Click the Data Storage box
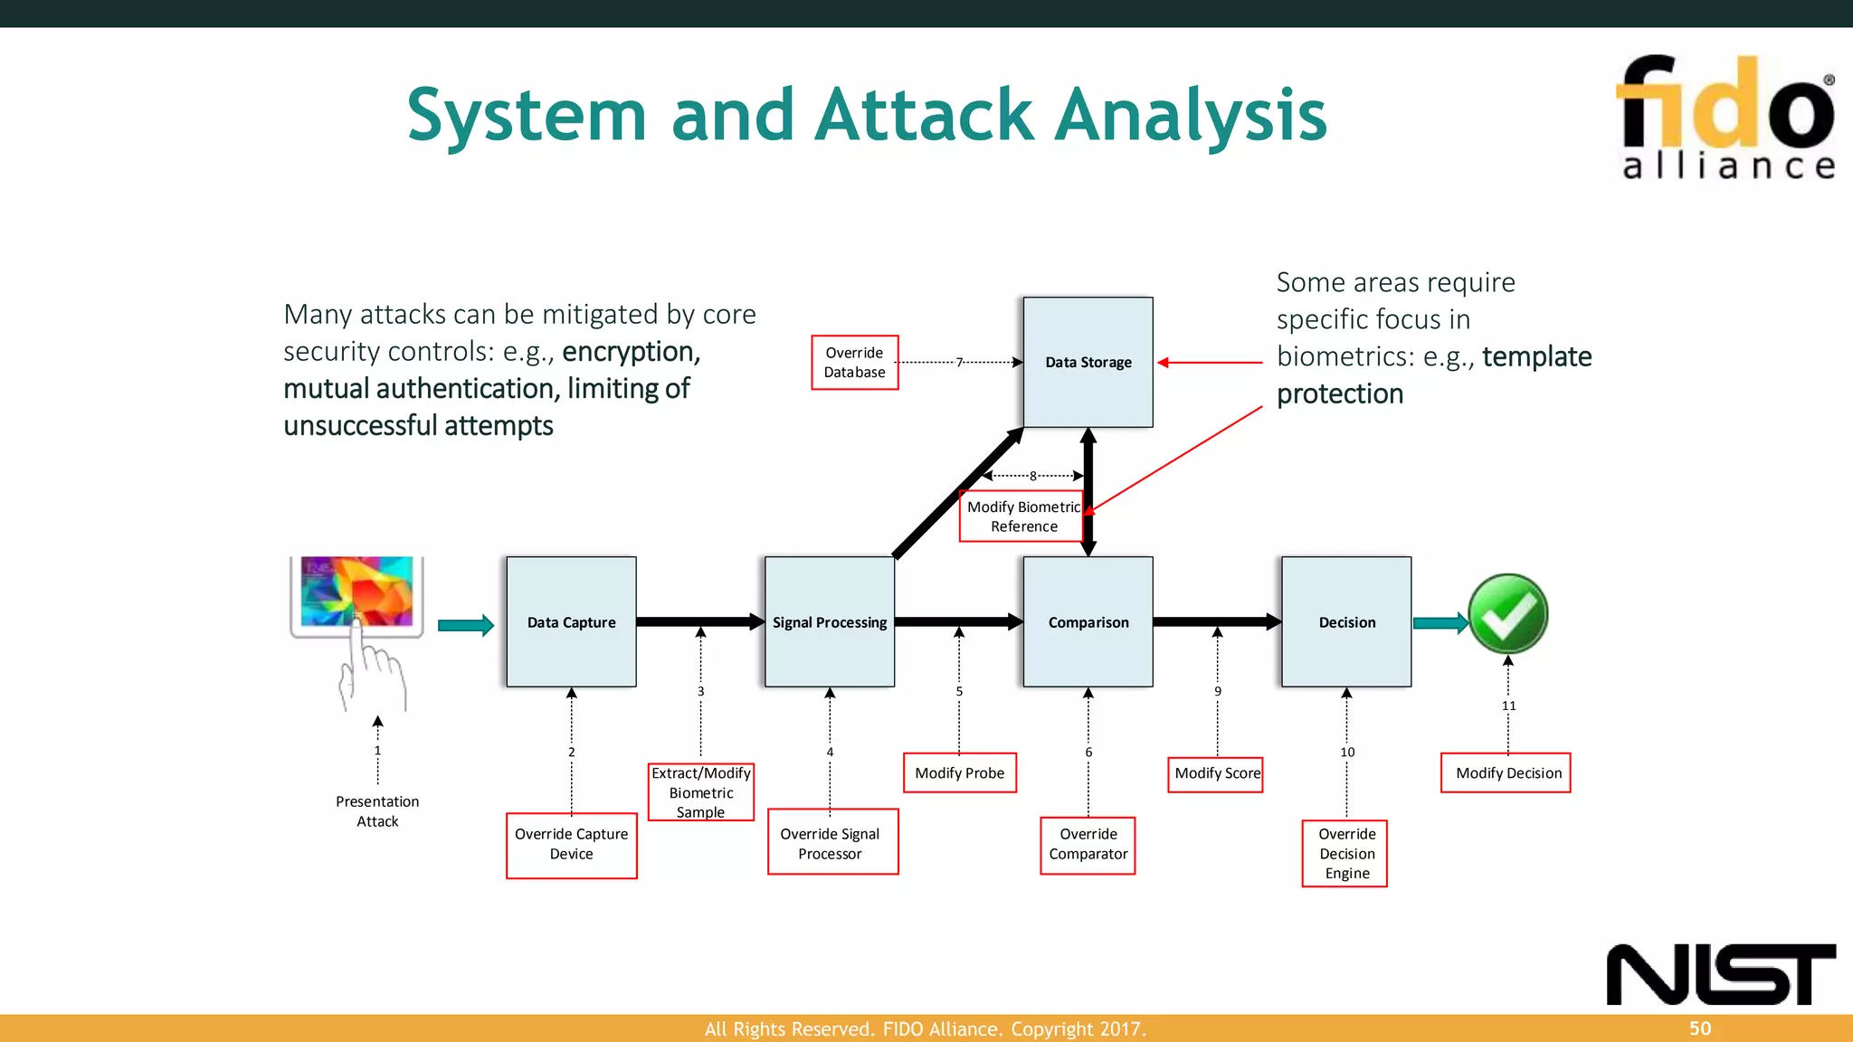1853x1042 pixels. [x=1088, y=362]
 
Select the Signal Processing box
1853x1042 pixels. [x=829, y=622]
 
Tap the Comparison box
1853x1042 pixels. [x=1088, y=622]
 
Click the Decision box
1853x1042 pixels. [x=1346, y=622]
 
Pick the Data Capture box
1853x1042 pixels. [x=571, y=622]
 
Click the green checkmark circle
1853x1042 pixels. [x=1507, y=614]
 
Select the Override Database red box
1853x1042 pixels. [x=854, y=362]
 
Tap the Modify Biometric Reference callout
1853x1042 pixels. [x=1022, y=516]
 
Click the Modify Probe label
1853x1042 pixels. [x=959, y=772]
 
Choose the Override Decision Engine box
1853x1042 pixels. [x=1345, y=853]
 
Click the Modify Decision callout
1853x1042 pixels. [x=1506, y=772]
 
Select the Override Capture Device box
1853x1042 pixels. [x=571, y=844]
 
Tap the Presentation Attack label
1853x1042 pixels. [x=377, y=811]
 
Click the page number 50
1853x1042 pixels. [x=1699, y=1028]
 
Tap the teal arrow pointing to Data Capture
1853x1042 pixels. [x=465, y=625]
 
